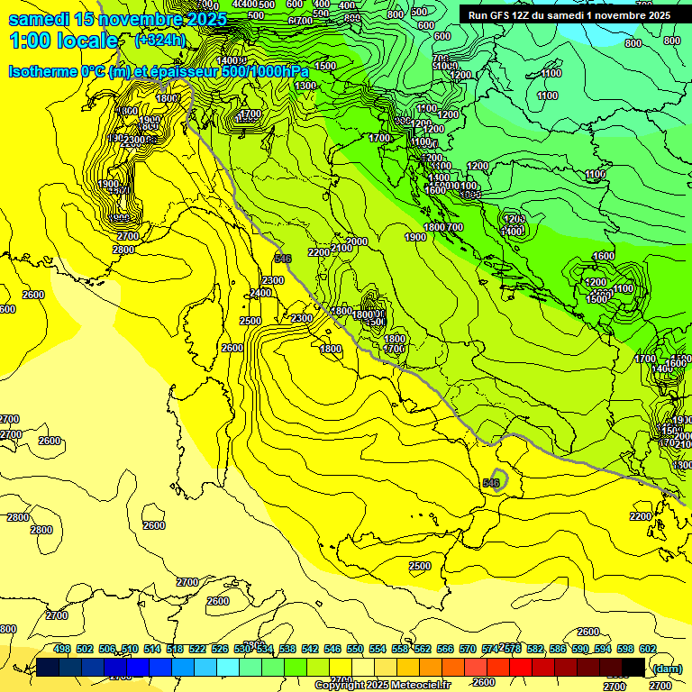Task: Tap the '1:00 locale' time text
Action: click(63, 41)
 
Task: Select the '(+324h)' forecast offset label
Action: click(160, 41)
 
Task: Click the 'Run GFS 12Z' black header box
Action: click(569, 15)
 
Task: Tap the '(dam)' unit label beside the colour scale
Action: click(667, 668)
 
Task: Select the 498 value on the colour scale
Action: click(62, 649)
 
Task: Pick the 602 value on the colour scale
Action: click(647, 649)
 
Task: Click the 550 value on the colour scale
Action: click(355, 649)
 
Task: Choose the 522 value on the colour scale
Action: click(197, 649)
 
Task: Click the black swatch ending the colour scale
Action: click(633, 667)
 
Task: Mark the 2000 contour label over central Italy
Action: click(357, 241)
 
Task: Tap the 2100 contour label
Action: click(341, 248)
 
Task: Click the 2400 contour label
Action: click(260, 293)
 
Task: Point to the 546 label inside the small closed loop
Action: click(491, 483)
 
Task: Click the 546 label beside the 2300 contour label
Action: click(283, 259)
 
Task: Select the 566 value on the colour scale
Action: click(445, 649)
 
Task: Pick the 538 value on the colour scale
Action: click(287, 649)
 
